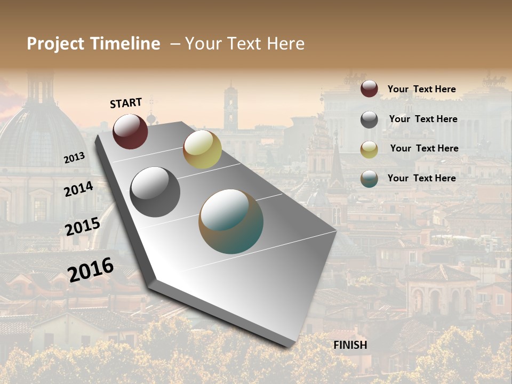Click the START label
[x=126, y=103]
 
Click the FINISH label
[x=350, y=345]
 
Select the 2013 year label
[x=75, y=158]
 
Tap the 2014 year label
[x=79, y=189]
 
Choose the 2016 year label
[x=91, y=269]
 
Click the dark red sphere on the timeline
[x=130, y=131]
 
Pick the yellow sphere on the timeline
[x=202, y=149]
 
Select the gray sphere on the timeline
[x=155, y=191]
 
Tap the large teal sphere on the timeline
[x=231, y=221]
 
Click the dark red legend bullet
[x=369, y=89]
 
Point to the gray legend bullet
[x=369, y=119]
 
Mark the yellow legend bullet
[x=369, y=149]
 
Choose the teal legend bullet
[x=369, y=179]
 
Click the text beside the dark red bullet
[x=421, y=89]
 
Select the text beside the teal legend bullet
[x=421, y=178]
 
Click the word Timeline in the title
[x=125, y=44]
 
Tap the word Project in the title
[x=55, y=44]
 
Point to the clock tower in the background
[x=231, y=107]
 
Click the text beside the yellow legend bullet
[x=424, y=148]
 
